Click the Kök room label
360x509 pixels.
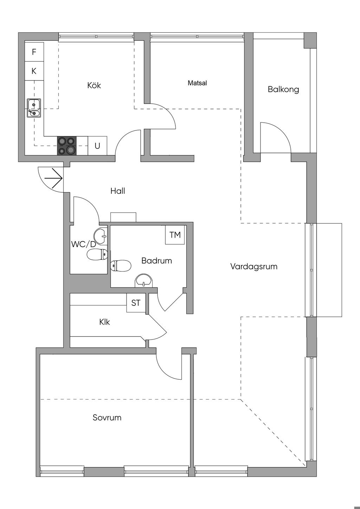pos(94,85)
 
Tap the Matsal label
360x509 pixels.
pos(197,83)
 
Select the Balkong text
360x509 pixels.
pos(283,89)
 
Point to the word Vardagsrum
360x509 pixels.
pos(254,266)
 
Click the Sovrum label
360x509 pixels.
pos(107,418)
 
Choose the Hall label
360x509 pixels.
pos(118,191)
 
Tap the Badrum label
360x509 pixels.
pos(156,261)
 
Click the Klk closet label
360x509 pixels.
pos(104,322)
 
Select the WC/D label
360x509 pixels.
pos(83,244)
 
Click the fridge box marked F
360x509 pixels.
pos(34,52)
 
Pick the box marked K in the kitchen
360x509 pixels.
pos(34,71)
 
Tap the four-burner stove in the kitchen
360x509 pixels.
pos(67,146)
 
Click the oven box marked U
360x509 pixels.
pos(97,146)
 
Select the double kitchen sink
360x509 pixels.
pos(34,108)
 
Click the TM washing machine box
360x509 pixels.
pos(175,235)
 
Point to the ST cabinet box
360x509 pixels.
pos(136,303)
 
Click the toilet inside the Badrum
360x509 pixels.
pos(120,266)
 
